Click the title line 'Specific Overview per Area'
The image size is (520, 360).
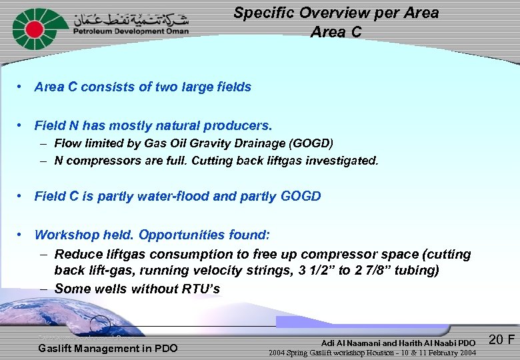click(336, 13)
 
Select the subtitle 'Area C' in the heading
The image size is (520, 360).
click(336, 32)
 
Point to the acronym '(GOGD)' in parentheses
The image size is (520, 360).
click(311, 143)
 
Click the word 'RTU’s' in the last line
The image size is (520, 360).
click(203, 289)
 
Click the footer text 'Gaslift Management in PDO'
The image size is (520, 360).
click(108, 349)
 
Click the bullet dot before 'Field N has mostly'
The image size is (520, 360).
click(22, 125)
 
